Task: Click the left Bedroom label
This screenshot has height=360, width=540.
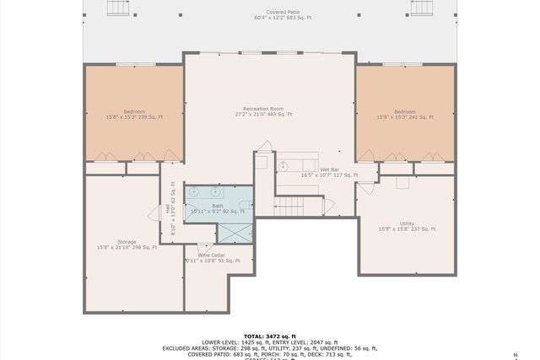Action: click(x=133, y=114)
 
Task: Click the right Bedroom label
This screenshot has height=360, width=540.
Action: click(x=405, y=114)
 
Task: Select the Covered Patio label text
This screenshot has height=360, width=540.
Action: click(x=289, y=15)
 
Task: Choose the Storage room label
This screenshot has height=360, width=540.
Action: click(x=127, y=244)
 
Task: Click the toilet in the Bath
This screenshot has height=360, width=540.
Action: click(x=246, y=205)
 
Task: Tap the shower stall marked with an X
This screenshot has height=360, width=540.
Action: click(x=235, y=233)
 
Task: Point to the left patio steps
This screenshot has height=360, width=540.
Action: click(x=116, y=8)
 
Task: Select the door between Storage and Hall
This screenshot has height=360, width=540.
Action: click(x=155, y=213)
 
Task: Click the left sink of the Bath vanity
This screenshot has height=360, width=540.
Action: click(x=195, y=192)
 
